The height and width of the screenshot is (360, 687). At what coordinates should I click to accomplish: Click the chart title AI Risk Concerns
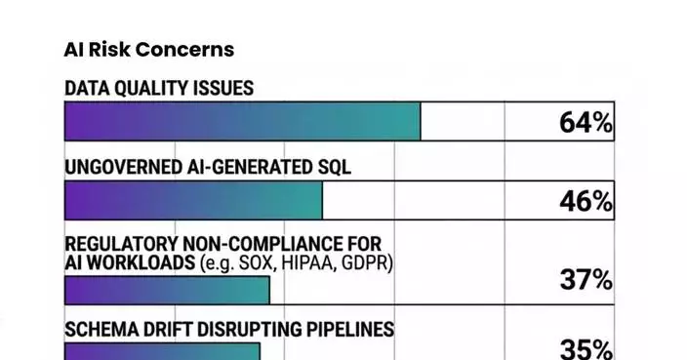coord(148,49)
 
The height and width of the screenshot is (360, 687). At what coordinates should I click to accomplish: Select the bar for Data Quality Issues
coord(242,122)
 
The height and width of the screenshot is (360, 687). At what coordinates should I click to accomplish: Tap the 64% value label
coord(586,123)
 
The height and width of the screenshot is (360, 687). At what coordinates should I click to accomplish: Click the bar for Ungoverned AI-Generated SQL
coord(193,201)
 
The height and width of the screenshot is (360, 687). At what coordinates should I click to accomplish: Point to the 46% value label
coord(586,202)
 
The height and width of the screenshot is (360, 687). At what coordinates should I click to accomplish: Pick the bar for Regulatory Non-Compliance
coord(166,290)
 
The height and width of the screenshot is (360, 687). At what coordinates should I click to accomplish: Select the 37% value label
coord(586,280)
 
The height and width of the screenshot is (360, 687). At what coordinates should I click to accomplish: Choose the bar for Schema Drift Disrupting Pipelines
coord(162,351)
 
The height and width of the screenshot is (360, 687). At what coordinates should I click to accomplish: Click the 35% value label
coord(586,349)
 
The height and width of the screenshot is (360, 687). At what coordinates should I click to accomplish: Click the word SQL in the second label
coord(333,167)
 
